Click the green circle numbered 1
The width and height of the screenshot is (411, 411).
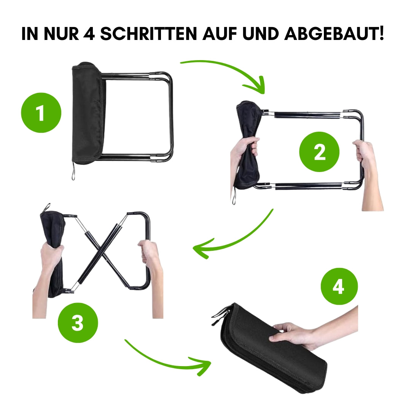(x=41, y=113)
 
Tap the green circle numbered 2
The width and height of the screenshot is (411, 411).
(x=319, y=152)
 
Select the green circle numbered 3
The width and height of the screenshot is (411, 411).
(x=78, y=323)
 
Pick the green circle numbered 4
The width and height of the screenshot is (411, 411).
(x=339, y=286)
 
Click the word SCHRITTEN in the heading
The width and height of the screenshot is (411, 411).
(x=148, y=34)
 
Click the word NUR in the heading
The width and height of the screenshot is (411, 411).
(x=61, y=34)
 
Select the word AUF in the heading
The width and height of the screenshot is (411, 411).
(x=220, y=34)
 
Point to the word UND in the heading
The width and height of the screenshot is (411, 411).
(x=260, y=34)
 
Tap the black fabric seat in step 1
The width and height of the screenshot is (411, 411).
(x=88, y=113)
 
